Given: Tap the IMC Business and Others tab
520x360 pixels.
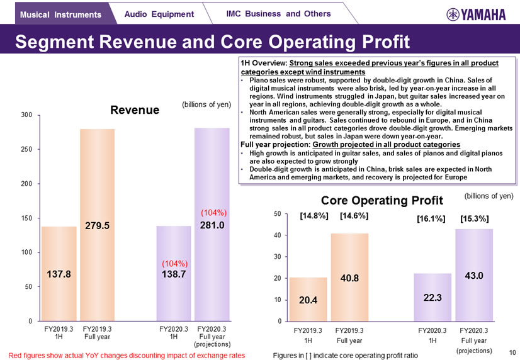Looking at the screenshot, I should (278, 13).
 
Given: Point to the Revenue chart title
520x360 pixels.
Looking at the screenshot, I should (134, 110).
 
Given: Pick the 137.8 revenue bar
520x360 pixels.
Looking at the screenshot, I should (59, 274).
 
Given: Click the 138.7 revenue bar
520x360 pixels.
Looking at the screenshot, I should (173, 274).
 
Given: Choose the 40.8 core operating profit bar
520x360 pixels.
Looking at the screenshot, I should (350, 277).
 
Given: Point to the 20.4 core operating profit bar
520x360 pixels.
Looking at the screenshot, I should (308, 299).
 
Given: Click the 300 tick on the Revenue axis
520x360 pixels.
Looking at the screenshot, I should (26, 115).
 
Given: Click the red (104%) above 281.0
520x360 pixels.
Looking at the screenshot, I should (213, 213).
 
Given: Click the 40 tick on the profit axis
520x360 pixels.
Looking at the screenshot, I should (278, 235).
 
